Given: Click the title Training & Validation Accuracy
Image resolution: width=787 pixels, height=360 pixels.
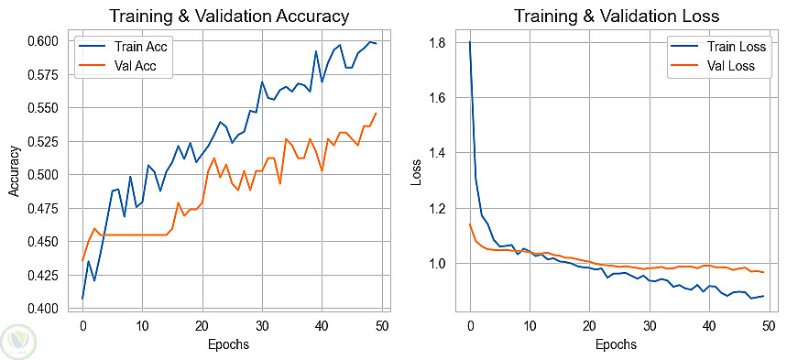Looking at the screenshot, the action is (229, 16).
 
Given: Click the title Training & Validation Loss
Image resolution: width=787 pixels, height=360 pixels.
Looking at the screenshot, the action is (617, 16).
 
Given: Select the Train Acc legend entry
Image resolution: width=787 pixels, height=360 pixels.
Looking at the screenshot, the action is (124, 48).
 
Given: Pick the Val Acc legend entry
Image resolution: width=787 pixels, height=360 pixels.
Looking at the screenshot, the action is (118, 66).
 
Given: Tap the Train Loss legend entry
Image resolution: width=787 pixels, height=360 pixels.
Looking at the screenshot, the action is (718, 47).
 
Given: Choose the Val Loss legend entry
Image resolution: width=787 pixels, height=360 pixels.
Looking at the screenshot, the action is (713, 66).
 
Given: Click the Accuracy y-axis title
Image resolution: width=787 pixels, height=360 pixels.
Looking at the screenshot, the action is (14, 171).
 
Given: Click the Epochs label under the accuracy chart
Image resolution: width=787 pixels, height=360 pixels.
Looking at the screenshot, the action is (228, 344).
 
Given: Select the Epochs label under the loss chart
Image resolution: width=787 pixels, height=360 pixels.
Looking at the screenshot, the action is (616, 344).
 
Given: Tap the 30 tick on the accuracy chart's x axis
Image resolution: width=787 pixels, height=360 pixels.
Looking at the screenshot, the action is (262, 325).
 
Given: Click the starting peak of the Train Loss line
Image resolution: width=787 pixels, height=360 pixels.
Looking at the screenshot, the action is (470, 41).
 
